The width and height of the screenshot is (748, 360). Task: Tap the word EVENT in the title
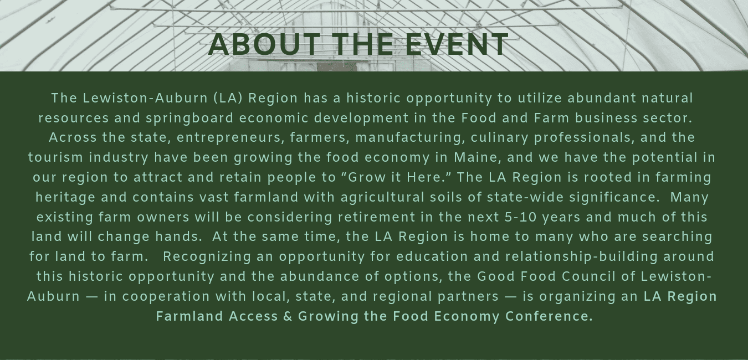pyautogui.click(x=457, y=44)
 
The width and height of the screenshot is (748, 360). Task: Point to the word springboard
pyautogui.click(x=189, y=119)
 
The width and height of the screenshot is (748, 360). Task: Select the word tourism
pyautogui.click(x=55, y=157)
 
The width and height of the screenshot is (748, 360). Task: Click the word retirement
pyautogui.click(x=376, y=217)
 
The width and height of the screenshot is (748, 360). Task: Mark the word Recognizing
pyautogui.click(x=207, y=257)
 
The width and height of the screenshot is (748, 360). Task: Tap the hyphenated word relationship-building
pyautogui.click(x=581, y=257)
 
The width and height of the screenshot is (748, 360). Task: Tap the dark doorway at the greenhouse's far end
pyautogui.click(x=337, y=66)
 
